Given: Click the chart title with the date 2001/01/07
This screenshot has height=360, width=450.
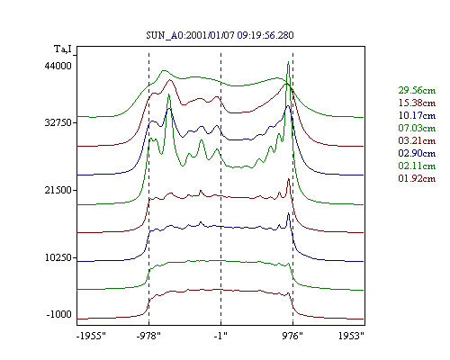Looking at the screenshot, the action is click(x=220, y=35).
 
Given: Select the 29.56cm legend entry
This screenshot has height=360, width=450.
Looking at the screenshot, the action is click(x=417, y=90).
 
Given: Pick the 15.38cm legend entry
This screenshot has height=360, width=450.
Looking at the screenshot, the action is click(x=417, y=103).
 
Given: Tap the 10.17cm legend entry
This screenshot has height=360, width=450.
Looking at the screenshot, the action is click(x=417, y=115).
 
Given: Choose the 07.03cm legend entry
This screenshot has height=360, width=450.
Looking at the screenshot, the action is click(x=417, y=128).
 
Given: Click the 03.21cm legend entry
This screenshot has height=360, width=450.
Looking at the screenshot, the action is click(x=417, y=140).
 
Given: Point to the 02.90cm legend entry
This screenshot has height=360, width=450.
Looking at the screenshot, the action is click(x=417, y=153).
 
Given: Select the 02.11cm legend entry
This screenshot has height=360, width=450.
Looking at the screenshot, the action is click(x=417, y=166).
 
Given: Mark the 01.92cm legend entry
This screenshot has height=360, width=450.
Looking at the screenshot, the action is click(x=417, y=178).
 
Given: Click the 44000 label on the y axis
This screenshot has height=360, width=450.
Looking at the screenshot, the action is click(x=58, y=66).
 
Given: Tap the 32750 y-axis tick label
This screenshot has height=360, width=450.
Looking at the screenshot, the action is click(x=58, y=122).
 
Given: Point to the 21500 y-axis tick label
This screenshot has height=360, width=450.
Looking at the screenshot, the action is click(x=58, y=190).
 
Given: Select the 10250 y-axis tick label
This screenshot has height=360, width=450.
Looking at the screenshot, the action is click(x=58, y=257).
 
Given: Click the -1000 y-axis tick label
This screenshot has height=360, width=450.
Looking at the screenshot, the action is click(x=59, y=314).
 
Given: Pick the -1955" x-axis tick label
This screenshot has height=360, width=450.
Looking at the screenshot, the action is click(x=91, y=336).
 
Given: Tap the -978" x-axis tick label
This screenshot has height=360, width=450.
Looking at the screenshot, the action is click(x=148, y=336).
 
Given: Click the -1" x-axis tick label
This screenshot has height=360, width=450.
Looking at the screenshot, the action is click(x=220, y=336).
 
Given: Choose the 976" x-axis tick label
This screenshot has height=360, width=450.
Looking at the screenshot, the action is click(x=292, y=336).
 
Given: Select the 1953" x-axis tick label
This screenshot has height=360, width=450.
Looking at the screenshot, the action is click(x=351, y=336).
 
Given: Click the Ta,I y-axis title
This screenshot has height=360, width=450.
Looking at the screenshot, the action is click(x=63, y=49).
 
